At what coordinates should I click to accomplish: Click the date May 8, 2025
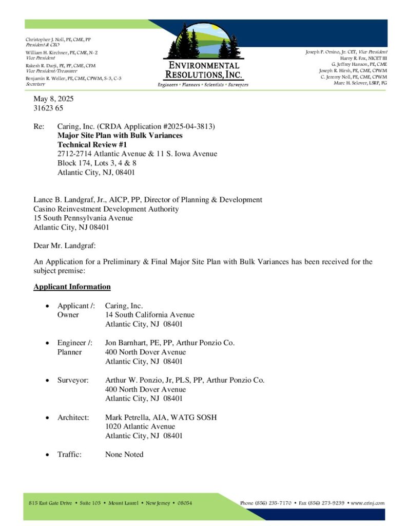[x=54, y=99]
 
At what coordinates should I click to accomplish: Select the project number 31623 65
[x=49, y=108]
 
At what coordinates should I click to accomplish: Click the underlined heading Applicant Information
[x=72, y=287]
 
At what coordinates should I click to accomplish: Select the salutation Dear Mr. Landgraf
[x=65, y=247]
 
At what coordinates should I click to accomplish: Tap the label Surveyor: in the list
[x=73, y=380]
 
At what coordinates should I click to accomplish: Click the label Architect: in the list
[x=73, y=417]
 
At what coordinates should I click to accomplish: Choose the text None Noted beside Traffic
[x=124, y=454]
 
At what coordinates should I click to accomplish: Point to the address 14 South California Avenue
[x=150, y=315]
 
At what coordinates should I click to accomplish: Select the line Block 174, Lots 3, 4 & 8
[x=97, y=163]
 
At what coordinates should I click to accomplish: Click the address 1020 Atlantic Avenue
[x=140, y=426]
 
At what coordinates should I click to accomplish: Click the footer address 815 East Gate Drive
[x=51, y=503]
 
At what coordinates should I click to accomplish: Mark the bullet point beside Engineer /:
[x=48, y=343]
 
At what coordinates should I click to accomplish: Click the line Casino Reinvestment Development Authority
[x=106, y=209]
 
